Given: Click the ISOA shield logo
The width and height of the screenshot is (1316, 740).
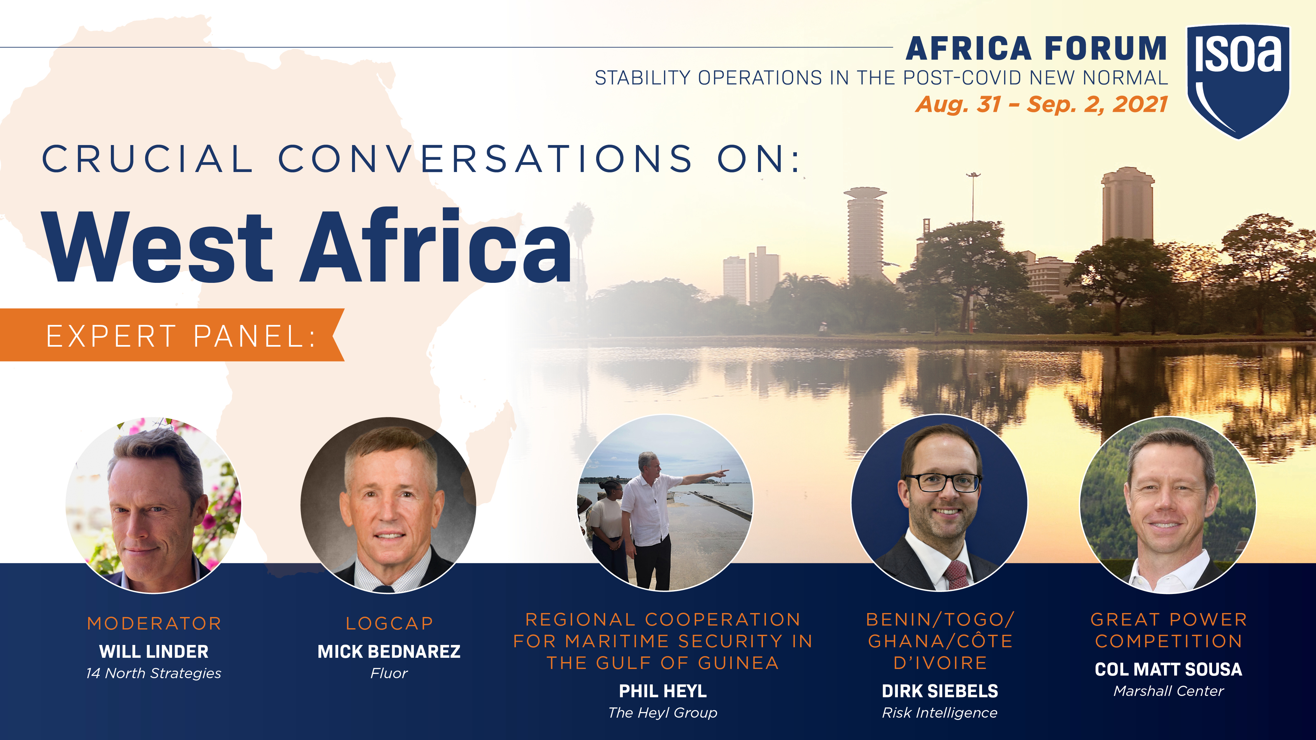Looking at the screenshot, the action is coord(1238,81).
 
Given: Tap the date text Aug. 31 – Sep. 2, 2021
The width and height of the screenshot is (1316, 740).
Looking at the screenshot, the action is coord(1041,105).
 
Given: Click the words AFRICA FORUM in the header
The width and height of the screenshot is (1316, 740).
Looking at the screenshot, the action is coord(1037,49).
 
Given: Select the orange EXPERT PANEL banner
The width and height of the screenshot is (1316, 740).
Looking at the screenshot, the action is coord(172,335).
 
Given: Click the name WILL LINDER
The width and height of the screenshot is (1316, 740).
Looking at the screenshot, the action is coord(154,652).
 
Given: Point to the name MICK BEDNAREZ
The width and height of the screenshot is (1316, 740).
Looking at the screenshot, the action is coord(389,652).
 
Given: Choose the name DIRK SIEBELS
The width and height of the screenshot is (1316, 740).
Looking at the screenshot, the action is coord(940,691).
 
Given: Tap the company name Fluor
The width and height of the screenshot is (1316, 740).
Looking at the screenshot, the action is coord(389,674).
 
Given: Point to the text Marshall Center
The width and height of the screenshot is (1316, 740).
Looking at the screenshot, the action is coord(1168,691).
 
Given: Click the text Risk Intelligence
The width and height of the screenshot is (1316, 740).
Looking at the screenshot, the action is coord(940,713).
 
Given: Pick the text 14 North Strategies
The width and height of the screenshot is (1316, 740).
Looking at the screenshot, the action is coord(154,674).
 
